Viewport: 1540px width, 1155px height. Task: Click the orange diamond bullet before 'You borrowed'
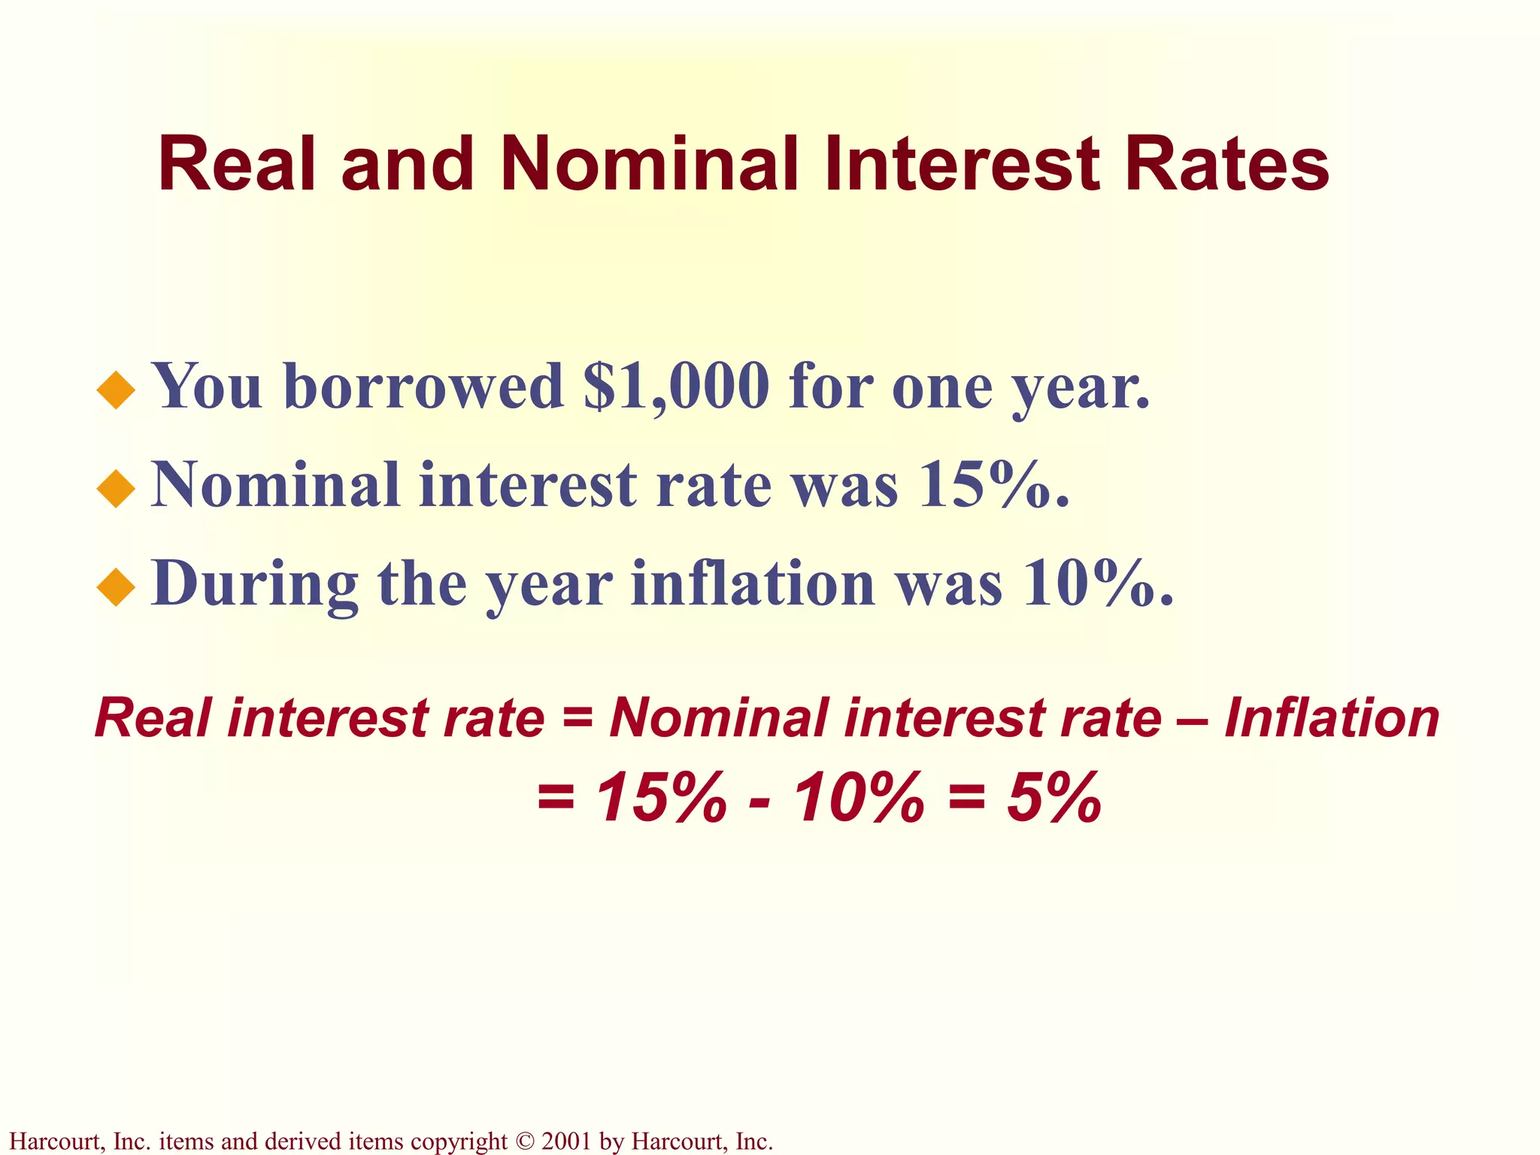116,390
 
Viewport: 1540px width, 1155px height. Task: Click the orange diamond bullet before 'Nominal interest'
116,489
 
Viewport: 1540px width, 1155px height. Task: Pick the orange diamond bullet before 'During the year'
116,587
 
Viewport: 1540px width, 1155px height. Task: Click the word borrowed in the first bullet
423,387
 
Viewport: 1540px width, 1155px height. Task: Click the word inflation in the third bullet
753,585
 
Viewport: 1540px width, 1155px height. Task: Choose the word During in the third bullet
255,585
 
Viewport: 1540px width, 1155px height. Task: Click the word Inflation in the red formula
1332,718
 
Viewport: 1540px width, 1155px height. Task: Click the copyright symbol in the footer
524,1141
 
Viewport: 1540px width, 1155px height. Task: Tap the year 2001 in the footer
566,1141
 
